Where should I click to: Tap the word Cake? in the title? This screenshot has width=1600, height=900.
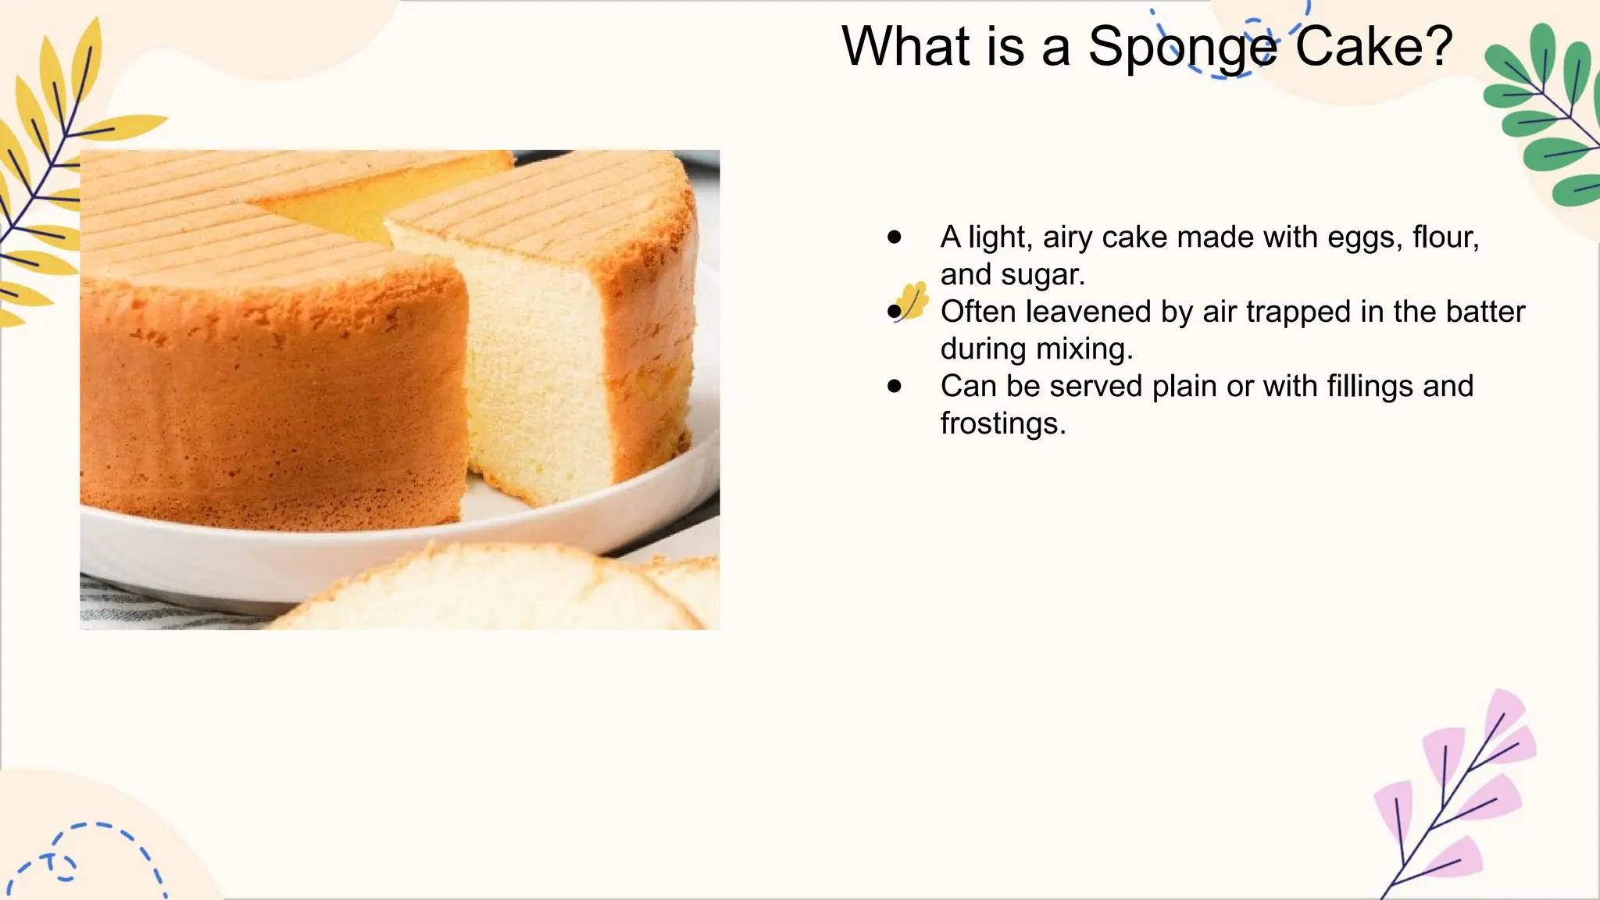pyautogui.click(x=1373, y=47)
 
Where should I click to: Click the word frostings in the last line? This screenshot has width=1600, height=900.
pyautogui.click(x=1002, y=424)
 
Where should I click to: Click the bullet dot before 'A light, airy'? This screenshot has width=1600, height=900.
pyautogui.click(x=895, y=237)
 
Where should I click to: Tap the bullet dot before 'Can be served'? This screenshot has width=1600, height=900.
pyautogui.click(x=895, y=386)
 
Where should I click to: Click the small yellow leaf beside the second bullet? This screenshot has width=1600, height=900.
pyautogui.click(x=912, y=300)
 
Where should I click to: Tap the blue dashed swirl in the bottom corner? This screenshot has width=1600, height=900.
pyautogui.click(x=86, y=855)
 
